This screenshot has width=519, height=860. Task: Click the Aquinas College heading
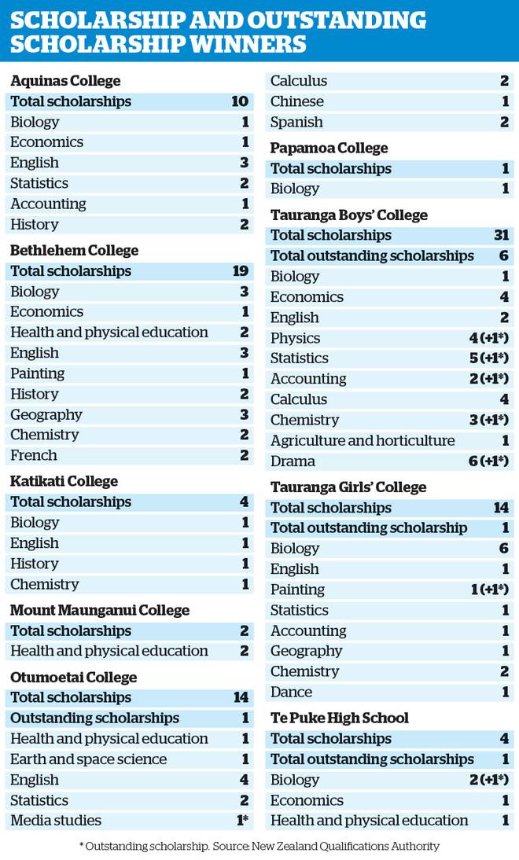click(x=65, y=81)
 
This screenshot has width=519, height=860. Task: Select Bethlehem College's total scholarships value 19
click(x=241, y=271)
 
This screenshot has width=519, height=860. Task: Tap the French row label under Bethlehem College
click(x=34, y=455)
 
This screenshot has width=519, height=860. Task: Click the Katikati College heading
click(x=64, y=481)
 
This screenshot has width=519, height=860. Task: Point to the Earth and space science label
click(x=88, y=759)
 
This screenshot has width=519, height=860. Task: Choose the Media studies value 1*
click(x=242, y=821)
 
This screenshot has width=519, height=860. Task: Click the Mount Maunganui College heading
click(x=100, y=611)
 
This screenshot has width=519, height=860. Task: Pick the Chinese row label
click(x=296, y=101)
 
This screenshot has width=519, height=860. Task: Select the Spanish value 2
click(x=504, y=122)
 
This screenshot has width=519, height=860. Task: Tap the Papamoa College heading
click(x=329, y=148)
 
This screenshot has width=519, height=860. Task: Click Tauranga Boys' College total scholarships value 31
click(x=502, y=235)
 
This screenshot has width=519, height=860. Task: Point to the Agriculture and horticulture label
click(x=363, y=440)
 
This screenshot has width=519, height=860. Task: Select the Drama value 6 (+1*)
click(x=489, y=461)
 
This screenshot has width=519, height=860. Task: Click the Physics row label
click(x=295, y=338)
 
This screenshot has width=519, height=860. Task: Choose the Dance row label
click(x=291, y=693)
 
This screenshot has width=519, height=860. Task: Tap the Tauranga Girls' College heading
click(x=348, y=487)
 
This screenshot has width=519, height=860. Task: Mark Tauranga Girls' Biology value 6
click(x=504, y=549)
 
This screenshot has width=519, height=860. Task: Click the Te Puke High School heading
click(x=340, y=718)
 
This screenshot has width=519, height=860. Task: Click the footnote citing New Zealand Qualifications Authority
click(x=260, y=847)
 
